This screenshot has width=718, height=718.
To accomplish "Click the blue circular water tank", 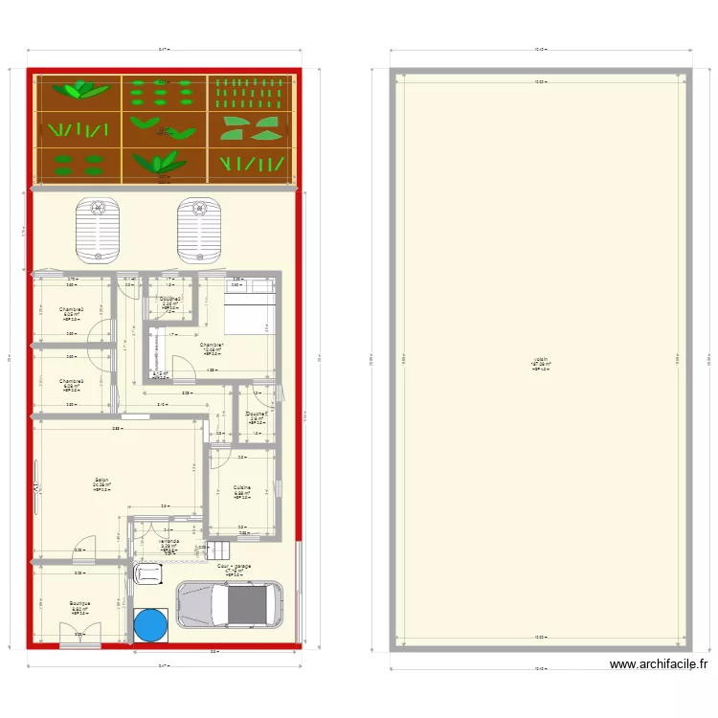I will click(150, 624).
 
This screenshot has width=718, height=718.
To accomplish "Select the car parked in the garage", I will click(229, 605).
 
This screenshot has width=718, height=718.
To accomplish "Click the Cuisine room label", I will click(242, 487).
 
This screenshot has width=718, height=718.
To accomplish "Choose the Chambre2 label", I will click(72, 310).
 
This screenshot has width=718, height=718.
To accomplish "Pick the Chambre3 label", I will click(72, 382).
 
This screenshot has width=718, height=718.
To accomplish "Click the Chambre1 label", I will click(212, 346).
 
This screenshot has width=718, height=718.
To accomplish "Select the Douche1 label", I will click(256, 415).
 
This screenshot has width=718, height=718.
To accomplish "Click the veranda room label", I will click(169, 542).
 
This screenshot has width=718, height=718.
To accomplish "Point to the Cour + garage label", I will click(235, 567).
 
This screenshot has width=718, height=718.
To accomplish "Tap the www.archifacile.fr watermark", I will click(658, 664).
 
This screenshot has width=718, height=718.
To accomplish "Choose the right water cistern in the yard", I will click(199, 229).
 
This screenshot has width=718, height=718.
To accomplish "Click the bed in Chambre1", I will click(249, 311).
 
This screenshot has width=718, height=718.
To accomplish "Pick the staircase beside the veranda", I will click(220, 550).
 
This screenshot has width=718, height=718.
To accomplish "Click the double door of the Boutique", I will click(79, 633).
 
